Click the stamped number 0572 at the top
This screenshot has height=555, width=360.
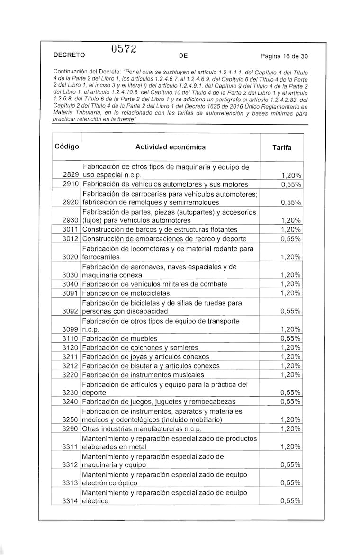coord(124,49)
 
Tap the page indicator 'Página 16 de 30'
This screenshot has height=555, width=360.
coord(284,55)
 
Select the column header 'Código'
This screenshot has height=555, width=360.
coord(67,146)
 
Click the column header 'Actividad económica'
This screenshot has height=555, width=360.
coord(171,147)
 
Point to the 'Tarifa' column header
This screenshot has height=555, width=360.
coord(282,147)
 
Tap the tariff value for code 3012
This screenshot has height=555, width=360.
coord(290,239)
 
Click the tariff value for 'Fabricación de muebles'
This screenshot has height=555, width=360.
coord(290,338)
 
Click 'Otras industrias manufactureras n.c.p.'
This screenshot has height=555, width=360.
coord(142,429)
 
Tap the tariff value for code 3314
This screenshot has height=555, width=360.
coord(290,501)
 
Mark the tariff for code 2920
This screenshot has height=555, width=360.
coord(290,202)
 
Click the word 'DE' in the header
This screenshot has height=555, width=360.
coord(184,55)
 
